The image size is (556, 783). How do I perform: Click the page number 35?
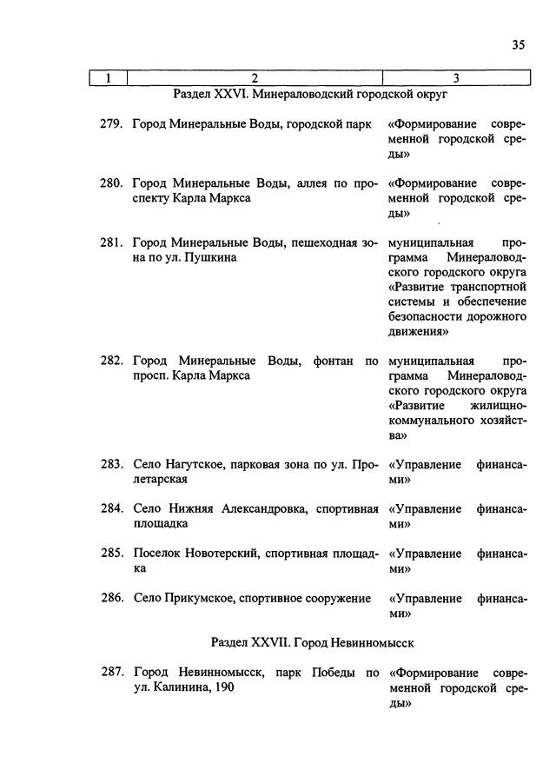(518, 47)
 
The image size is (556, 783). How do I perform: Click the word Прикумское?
(192, 598)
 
